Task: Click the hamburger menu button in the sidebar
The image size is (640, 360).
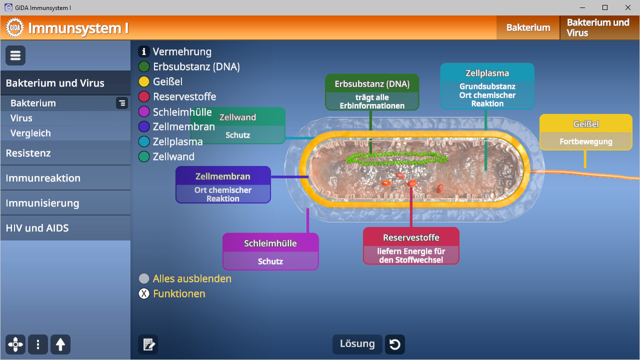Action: click(x=15, y=55)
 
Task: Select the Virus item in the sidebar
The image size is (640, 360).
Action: click(x=21, y=118)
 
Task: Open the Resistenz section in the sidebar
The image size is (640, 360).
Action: click(x=28, y=153)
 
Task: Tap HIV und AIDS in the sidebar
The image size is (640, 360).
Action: click(x=37, y=228)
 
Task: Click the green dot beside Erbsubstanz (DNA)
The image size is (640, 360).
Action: click(x=144, y=66)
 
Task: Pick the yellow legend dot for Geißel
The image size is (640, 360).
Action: click(x=144, y=81)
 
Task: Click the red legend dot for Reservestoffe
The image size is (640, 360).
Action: click(x=144, y=96)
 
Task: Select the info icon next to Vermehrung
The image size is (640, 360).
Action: click(x=144, y=51)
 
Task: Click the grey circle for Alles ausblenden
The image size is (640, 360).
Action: click(x=144, y=278)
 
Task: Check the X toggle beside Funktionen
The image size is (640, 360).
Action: click(x=144, y=293)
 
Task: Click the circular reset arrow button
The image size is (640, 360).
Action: click(x=394, y=344)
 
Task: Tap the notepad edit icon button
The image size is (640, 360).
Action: click(x=148, y=344)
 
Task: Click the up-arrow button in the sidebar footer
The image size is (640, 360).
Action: click(x=60, y=344)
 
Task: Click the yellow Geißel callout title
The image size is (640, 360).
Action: click(x=585, y=124)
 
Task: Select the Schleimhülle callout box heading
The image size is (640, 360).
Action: click(x=270, y=243)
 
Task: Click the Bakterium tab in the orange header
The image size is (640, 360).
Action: click(x=528, y=27)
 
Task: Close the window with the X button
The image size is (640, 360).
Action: click(x=628, y=7)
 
